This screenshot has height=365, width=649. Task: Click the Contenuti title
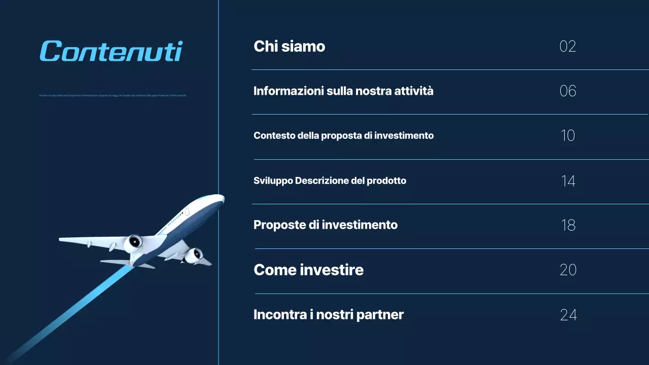pyautogui.click(x=111, y=51)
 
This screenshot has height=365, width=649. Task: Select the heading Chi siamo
pyautogui.click(x=289, y=46)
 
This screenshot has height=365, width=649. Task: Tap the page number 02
pyautogui.click(x=568, y=47)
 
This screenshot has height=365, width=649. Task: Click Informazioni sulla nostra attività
pyautogui.click(x=343, y=91)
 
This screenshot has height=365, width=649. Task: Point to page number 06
pyautogui.click(x=568, y=91)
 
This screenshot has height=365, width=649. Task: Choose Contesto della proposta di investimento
pyautogui.click(x=343, y=136)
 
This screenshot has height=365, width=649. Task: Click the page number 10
pyautogui.click(x=568, y=136)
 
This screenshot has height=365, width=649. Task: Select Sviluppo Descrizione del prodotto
pyautogui.click(x=330, y=180)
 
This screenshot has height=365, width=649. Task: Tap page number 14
pyautogui.click(x=568, y=181)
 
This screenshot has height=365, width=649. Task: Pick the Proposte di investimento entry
pyautogui.click(x=326, y=225)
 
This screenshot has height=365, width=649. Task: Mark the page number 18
pyautogui.click(x=568, y=225)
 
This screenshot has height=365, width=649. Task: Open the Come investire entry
pyautogui.click(x=308, y=270)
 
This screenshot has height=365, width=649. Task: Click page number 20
pyautogui.click(x=568, y=270)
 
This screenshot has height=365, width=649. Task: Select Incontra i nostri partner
pyautogui.click(x=329, y=314)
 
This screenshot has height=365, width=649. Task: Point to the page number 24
pyautogui.click(x=568, y=315)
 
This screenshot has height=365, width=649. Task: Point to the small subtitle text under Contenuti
pyautogui.click(x=113, y=95)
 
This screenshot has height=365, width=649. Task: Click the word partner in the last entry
pyautogui.click(x=380, y=315)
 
